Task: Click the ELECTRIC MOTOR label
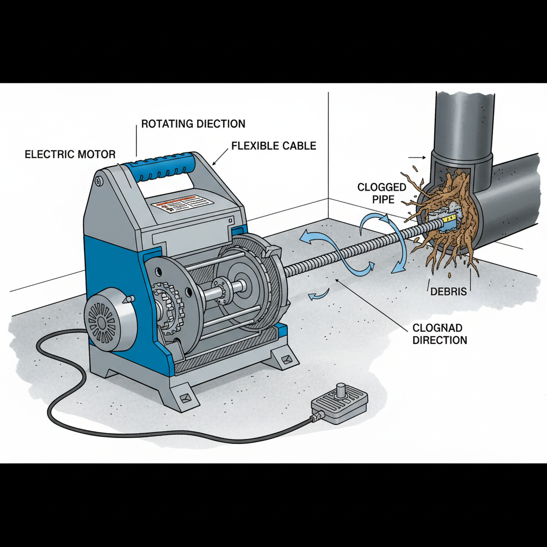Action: click(70, 154)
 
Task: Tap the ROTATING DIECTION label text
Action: click(193, 124)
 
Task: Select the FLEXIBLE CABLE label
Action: click(274, 146)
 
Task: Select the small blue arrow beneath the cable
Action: click(319, 293)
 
